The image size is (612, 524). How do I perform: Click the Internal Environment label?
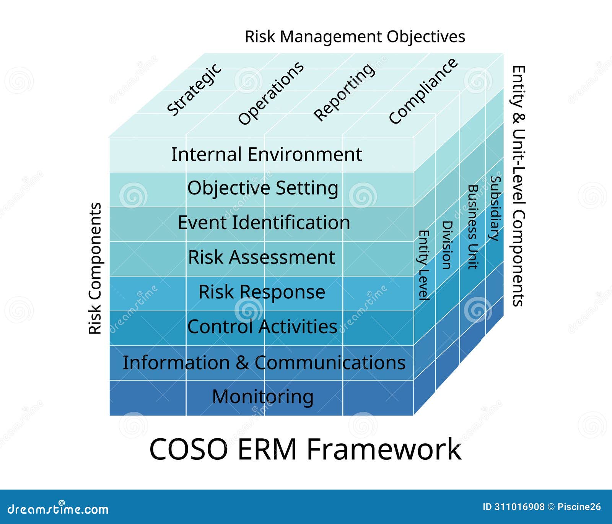(266, 155)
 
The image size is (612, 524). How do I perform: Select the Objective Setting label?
(263, 188)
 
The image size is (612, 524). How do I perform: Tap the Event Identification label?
(264, 223)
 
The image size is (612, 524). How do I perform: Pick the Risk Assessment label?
(262, 257)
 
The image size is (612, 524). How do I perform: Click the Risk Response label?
(262, 292)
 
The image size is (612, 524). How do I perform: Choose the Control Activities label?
(262, 327)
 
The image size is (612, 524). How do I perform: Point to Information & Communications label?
(264, 363)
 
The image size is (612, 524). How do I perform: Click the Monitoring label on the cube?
(263, 397)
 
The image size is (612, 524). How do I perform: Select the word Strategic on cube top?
(194, 90)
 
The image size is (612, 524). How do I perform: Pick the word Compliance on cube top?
(423, 91)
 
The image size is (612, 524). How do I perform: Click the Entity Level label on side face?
(423, 265)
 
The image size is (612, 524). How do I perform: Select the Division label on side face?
(447, 245)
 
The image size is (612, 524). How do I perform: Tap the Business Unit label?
(473, 227)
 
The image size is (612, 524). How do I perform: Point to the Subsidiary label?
(495, 208)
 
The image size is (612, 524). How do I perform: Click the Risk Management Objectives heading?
(355, 37)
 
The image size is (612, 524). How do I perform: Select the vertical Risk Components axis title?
(95, 269)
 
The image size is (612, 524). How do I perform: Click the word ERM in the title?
(267, 449)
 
